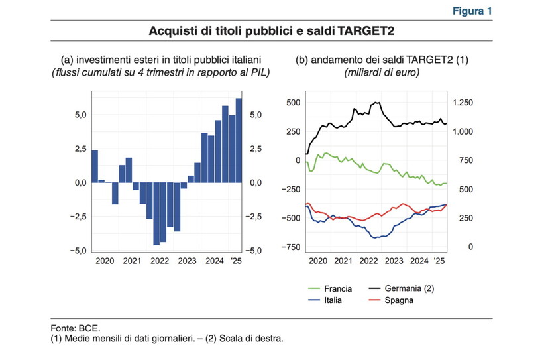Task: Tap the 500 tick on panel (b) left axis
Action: (x=293, y=103)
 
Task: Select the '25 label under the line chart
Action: (x=439, y=262)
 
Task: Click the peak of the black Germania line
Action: (x=376, y=102)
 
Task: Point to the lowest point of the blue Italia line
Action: (x=376, y=237)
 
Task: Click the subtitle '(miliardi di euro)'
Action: (x=382, y=72)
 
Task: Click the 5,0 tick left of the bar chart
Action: (x=78, y=115)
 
